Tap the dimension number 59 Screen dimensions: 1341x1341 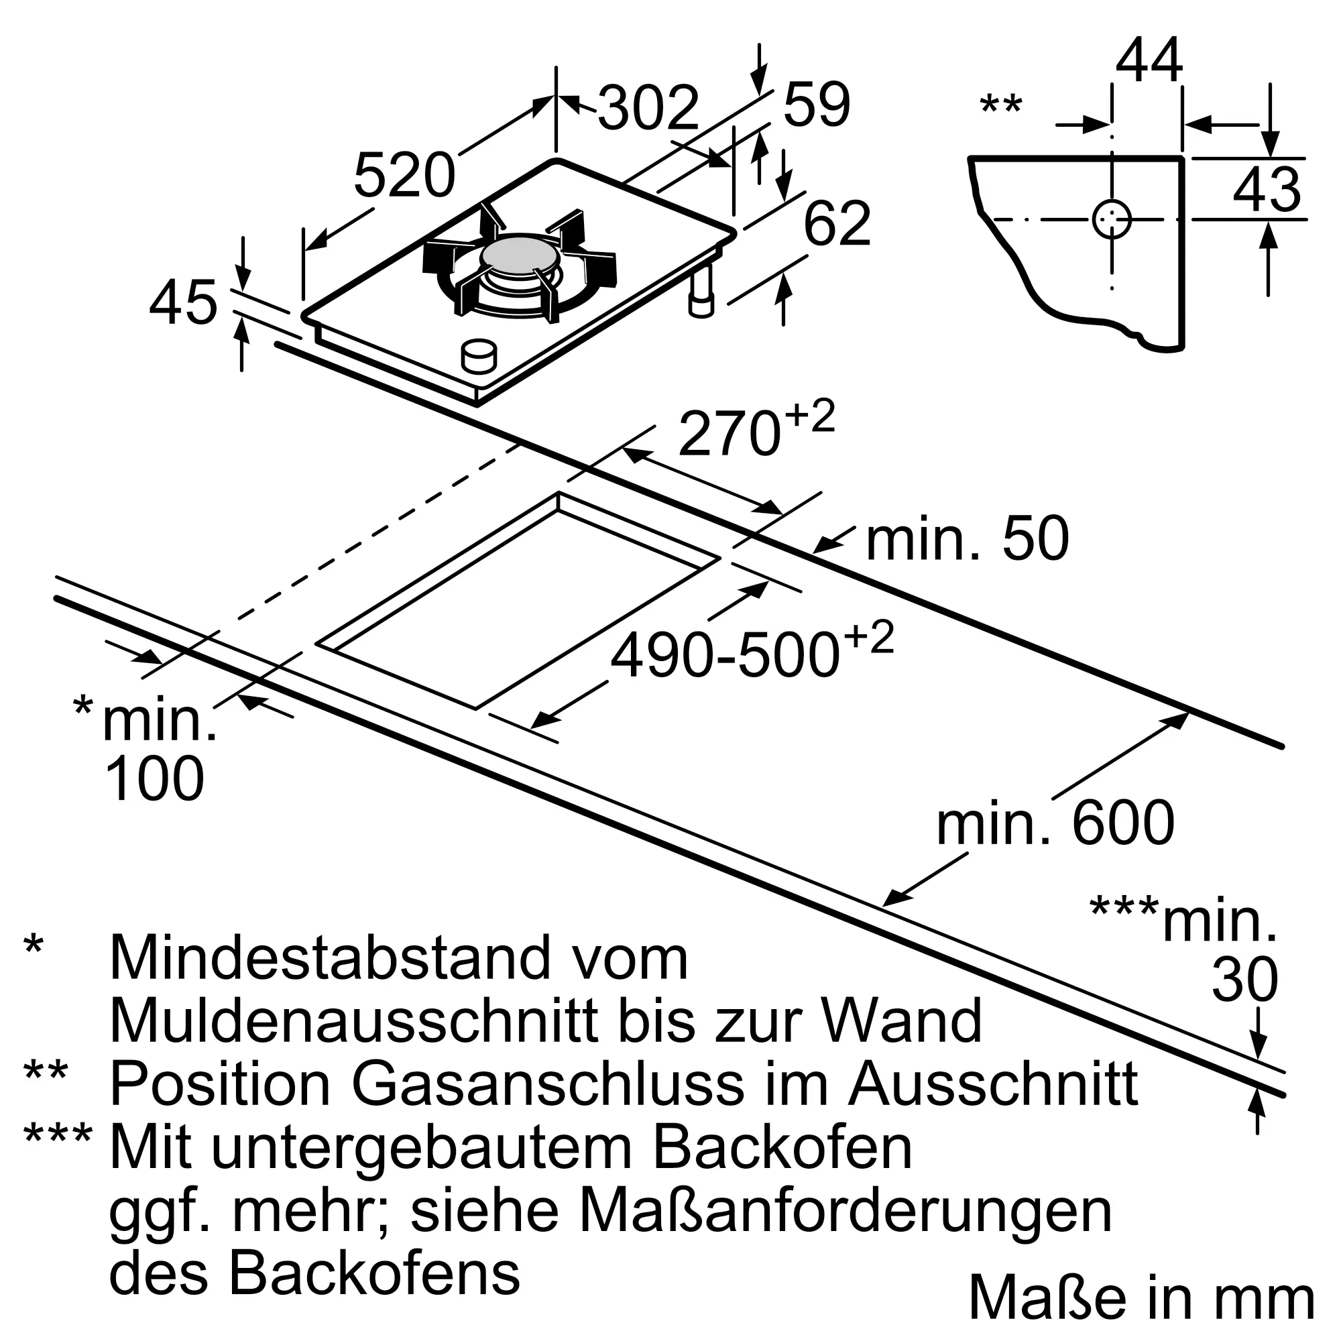coord(816,105)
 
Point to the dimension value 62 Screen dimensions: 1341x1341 coord(836,224)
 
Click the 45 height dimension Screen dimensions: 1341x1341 coord(183,303)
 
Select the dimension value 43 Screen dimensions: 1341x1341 coord(1267,190)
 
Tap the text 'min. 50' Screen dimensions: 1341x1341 coord(967,539)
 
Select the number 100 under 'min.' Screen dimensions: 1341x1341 coord(154,778)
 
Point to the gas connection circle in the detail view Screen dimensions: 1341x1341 coord(1111,219)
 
